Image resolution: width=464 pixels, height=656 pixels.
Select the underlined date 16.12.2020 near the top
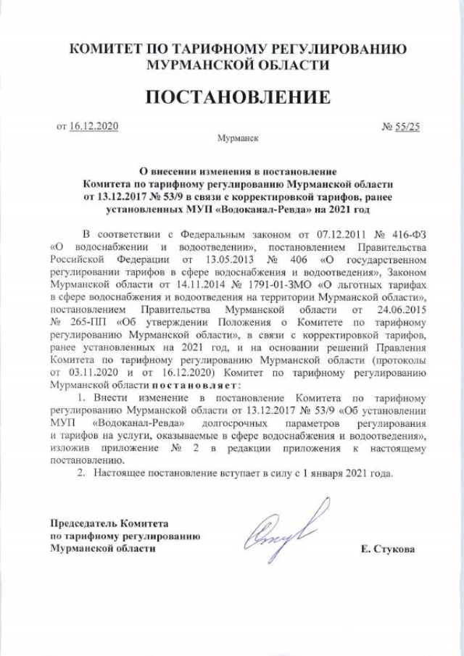94,126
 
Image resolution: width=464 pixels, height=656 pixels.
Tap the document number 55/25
407,126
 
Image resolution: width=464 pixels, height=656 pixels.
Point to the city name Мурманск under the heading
236,136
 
